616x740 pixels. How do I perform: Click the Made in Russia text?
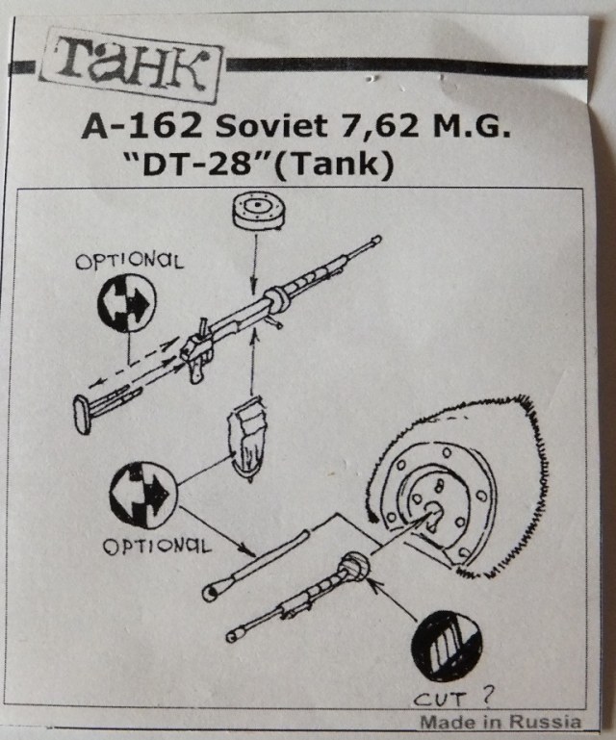click(x=500, y=722)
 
